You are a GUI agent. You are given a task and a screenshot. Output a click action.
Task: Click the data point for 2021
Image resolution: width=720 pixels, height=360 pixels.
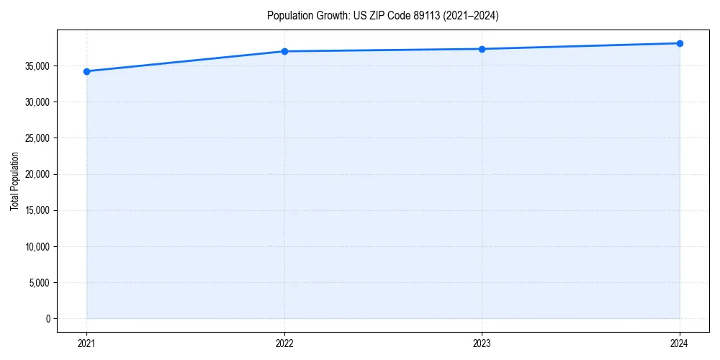pyautogui.click(x=86, y=71)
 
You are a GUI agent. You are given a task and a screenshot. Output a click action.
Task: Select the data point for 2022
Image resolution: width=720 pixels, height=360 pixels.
pyautogui.click(x=284, y=51)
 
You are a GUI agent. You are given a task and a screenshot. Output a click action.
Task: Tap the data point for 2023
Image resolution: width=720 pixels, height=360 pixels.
pyautogui.click(x=482, y=49)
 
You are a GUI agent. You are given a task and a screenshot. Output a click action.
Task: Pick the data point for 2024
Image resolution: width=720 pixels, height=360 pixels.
pyautogui.click(x=680, y=43)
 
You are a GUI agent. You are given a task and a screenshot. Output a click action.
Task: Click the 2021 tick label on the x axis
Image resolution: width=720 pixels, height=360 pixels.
pyautogui.click(x=86, y=343)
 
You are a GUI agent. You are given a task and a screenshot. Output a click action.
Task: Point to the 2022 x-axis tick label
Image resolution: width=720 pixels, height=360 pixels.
pyautogui.click(x=284, y=343)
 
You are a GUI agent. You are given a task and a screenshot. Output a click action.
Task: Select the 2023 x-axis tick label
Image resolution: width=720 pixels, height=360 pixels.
pyautogui.click(x=482, y=343)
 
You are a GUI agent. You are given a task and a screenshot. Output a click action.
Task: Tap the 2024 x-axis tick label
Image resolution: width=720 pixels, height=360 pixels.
pyautogui.click(x=680, y=343)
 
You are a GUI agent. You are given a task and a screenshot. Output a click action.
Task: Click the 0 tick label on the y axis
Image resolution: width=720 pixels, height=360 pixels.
pyautogui.click(x=47, y=318)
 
